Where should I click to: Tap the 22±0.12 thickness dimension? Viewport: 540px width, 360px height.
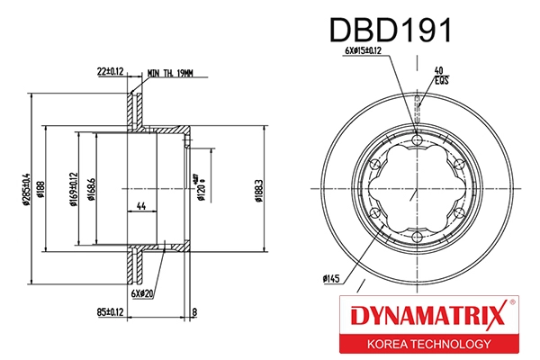coord(111,68)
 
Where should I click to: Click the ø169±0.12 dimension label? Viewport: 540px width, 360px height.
coord(73,189)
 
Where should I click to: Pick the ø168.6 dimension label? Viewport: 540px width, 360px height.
coord(92,189)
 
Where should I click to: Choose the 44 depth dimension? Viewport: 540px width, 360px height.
coord(140,206)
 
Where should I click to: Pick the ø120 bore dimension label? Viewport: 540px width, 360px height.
coord(202,189)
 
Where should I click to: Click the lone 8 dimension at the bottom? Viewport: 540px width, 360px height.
coord(194,313)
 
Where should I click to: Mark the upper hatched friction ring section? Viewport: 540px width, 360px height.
coord(137,112)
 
